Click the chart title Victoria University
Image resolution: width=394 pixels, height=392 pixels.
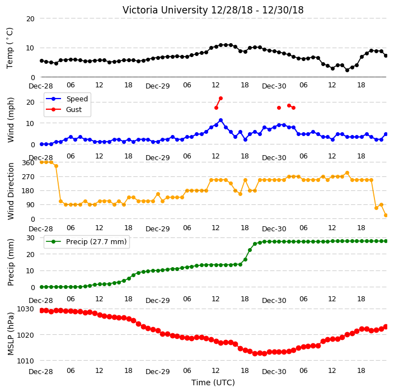point(165,10)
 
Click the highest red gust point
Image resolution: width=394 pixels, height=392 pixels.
point(221,99)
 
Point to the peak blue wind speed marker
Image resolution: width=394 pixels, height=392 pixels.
point(221,120)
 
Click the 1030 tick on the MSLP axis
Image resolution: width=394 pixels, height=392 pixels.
point(25,309)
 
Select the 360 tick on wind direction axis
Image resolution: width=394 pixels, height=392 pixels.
point(29,163)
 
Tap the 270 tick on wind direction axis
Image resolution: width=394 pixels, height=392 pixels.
point(29,177)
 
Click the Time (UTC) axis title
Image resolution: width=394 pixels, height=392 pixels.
point(213,382)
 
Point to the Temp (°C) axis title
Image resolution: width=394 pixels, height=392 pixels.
point(10,48)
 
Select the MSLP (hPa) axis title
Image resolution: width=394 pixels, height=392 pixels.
point(11,334)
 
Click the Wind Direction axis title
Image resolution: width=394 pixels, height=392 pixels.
point(11,192)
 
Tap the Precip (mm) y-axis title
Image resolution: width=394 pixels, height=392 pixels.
point(11,262)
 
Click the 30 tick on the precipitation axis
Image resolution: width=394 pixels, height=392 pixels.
point(31,237)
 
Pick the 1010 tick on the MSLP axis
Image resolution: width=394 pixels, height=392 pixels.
point(25,361)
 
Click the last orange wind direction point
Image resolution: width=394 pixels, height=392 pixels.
point(386,215)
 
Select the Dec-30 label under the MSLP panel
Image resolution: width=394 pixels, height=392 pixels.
point(274,371)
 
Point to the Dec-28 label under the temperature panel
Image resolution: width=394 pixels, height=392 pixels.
point(41,86)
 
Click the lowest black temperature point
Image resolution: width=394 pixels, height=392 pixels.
point(347,70)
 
